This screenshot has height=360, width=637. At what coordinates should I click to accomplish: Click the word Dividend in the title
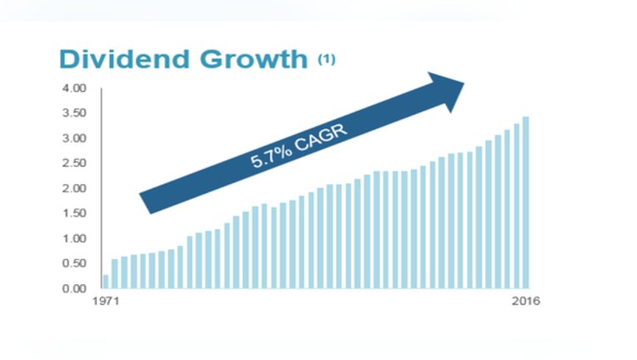tap(125, 59)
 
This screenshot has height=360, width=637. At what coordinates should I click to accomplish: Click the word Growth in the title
tap(254, 59)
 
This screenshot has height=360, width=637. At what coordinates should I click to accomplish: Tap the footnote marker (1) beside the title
tap(327, 60)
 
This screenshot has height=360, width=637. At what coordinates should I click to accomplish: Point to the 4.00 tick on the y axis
tap(74, 88)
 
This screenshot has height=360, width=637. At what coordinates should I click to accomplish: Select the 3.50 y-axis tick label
tap(74, 112)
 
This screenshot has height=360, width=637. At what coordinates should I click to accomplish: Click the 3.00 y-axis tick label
tap(74, 138)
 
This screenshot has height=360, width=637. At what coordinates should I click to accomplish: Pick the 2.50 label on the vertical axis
tap(74, 163)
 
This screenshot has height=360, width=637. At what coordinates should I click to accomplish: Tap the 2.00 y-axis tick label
tap(74, 188)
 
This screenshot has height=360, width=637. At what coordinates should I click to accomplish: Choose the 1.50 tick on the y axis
tap(74, 213)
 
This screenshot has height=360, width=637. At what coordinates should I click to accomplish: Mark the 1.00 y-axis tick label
tap(74, 238)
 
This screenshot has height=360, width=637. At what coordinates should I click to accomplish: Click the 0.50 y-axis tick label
tap(74, 263)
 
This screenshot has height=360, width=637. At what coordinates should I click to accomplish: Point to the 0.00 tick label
tap(74, 288)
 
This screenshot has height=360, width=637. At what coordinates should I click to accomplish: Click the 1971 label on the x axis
tap(106, 301)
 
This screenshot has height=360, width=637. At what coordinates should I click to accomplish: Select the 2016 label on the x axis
tap(525, 301)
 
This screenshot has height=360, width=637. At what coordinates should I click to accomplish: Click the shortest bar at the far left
tap(106, 282)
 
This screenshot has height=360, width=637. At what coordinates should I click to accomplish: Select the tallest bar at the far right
tap(525, 202)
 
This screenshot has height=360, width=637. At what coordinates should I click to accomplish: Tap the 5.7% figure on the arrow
tap(271, 157)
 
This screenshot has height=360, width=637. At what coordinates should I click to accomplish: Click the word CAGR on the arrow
tap(322, 137)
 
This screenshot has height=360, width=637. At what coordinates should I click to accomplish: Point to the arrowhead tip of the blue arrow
tap(464, 83)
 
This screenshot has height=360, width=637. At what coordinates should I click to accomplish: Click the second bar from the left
tap(115, 274)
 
